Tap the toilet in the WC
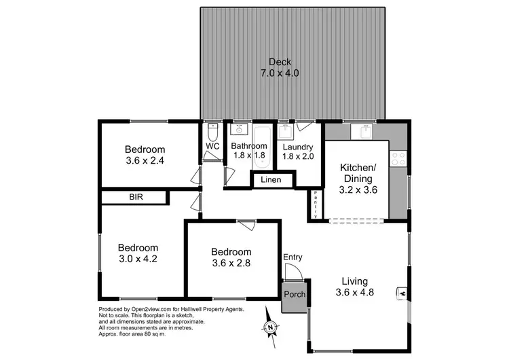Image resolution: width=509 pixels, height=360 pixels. (x=211, y=129)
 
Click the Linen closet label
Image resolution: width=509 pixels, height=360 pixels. (x=273, y=180)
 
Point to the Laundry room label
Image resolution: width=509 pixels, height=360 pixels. (x=297, y=147)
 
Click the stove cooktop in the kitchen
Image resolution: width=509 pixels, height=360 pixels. (x=399, y=158)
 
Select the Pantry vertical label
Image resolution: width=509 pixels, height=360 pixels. (x=316, y=204)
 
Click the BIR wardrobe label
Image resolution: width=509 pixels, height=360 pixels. (x=136, y=197)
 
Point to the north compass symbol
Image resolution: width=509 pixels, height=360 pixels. (x=270, y=327)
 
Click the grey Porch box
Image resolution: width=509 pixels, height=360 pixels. (x=295, y=295)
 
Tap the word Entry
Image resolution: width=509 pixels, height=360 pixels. (x=293, y=257)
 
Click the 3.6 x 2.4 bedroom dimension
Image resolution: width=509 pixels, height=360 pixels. (x=145, y=161)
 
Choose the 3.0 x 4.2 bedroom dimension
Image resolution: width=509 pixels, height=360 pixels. (x=138, y=259)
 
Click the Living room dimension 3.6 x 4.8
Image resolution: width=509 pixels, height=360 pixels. (x=355, y=293)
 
